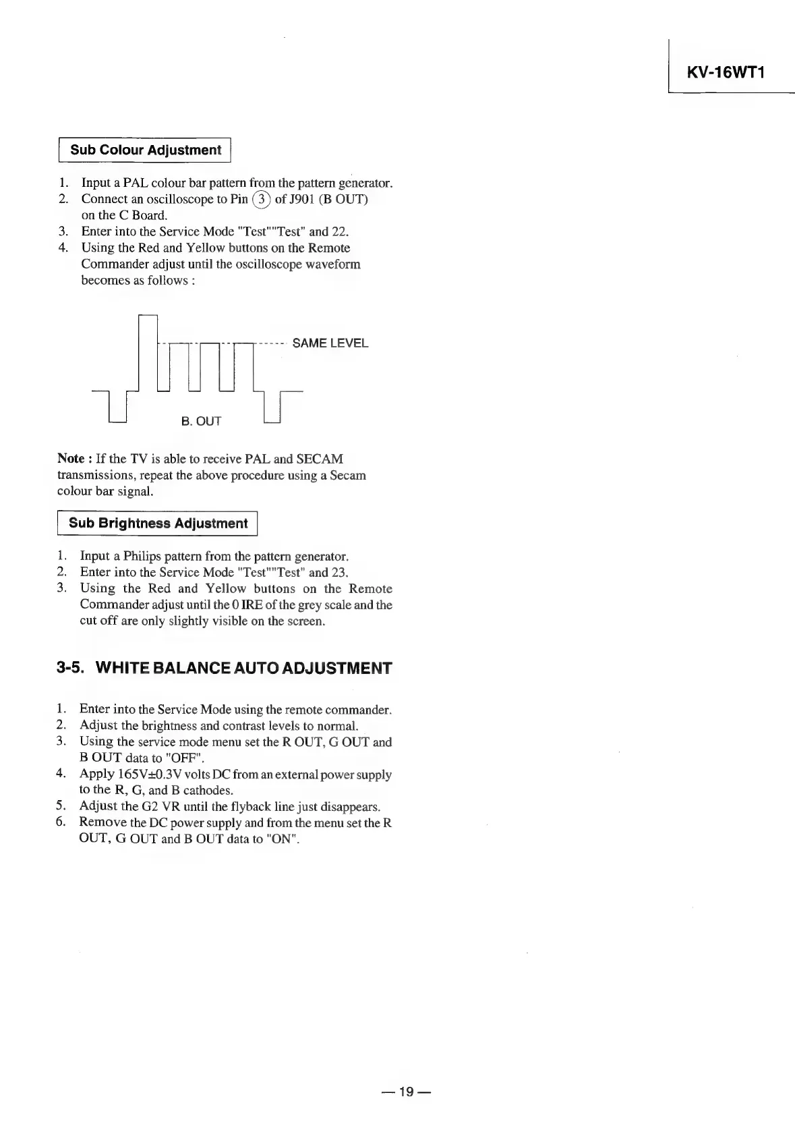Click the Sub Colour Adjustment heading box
click(146, 150)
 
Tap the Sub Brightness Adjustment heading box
click(158, 524)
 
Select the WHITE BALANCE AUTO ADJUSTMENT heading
click(244, 669)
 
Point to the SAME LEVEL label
click(330, 343)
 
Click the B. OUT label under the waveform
click(201, 422)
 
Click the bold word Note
click(71, 459)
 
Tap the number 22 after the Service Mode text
click(339, 232)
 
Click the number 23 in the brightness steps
click(338, 573)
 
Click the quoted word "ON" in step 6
click(283, 840)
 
